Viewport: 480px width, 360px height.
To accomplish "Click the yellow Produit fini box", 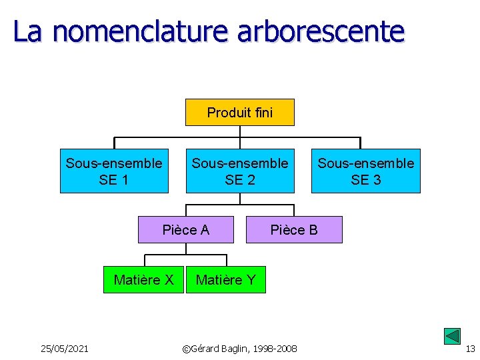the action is click(239, 112).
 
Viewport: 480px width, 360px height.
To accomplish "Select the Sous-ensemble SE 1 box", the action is click(114, 171).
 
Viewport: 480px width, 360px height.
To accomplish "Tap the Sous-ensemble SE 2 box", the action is click(240, 171).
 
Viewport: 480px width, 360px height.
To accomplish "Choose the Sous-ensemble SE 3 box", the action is click(365, 171).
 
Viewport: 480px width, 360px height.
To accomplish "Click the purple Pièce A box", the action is click(186, 229).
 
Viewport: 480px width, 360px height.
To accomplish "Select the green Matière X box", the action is click(143, 279).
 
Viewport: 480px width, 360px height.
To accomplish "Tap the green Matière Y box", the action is click(225, 279).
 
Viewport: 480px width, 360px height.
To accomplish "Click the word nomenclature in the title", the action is click(141, 31).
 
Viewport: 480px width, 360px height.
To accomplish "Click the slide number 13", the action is click(470, 349).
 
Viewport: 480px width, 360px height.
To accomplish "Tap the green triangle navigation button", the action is click(452, 337).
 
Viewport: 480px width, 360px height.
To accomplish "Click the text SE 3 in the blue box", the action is click(365, 179).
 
